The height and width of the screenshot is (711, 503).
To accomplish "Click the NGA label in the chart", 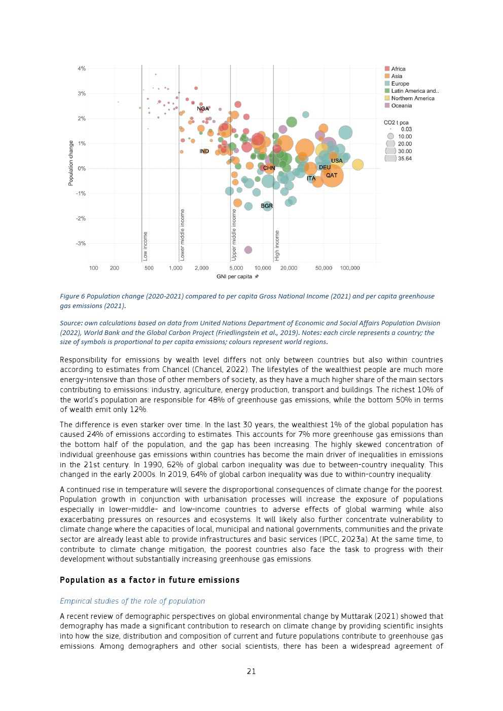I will click(203, 108).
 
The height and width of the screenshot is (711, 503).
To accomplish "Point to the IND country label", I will click(204, 151).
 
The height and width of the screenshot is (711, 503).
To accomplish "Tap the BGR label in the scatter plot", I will click(267, 206).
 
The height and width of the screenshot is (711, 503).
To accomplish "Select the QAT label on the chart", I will click(332, 175).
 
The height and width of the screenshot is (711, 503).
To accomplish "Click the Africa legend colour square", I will click(387, 69).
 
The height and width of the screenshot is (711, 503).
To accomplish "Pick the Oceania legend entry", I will click(401, 106).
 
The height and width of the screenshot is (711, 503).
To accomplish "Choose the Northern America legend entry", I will click(412, 98).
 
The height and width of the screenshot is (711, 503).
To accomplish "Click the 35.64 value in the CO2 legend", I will click(405, 159).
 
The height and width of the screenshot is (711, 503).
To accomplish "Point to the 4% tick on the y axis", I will click(82, 68).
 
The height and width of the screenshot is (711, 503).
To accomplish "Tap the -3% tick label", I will click(81, 243).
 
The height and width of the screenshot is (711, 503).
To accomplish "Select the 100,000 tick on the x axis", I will click(350, 268).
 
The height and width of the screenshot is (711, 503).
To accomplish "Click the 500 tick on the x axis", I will click(149, 268).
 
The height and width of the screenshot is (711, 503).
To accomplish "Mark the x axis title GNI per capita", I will click(234, 277).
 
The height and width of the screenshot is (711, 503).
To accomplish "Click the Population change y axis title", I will click(71, 163).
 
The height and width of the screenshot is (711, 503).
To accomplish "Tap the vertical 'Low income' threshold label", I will click(146, 246).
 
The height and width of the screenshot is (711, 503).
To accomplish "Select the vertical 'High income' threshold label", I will click(277, 245).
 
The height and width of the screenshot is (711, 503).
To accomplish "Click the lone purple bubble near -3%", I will click(248, 250).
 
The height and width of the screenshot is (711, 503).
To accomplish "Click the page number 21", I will click(251, 671).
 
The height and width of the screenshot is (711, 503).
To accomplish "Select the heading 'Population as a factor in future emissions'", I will click(150, 580).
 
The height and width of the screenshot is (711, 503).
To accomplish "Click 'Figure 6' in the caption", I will click(73, 296).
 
